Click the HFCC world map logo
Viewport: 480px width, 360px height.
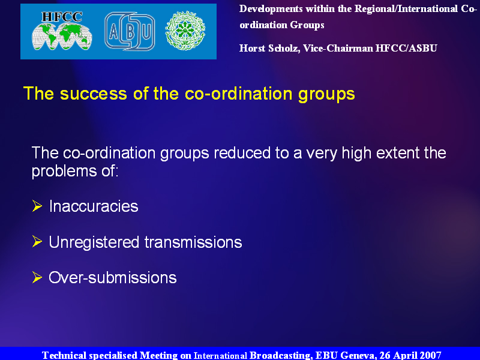point(62,31)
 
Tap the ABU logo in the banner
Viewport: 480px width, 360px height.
point(130,31)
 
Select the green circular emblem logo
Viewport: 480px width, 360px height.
point(185,31)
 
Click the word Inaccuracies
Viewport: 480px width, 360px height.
point(94,206)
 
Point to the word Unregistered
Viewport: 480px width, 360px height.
point(94,243)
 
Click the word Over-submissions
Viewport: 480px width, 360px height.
point(113,278)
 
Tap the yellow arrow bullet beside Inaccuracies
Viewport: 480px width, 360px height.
point(37,206)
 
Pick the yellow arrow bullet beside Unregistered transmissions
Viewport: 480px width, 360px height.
point(37,242)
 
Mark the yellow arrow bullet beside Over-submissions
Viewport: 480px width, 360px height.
point(37,277)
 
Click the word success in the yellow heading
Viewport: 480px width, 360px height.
point(94,94)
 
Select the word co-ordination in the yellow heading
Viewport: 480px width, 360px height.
point(238,94)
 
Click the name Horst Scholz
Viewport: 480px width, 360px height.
point(269,49)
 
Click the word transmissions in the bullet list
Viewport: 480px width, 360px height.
point(193,242)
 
